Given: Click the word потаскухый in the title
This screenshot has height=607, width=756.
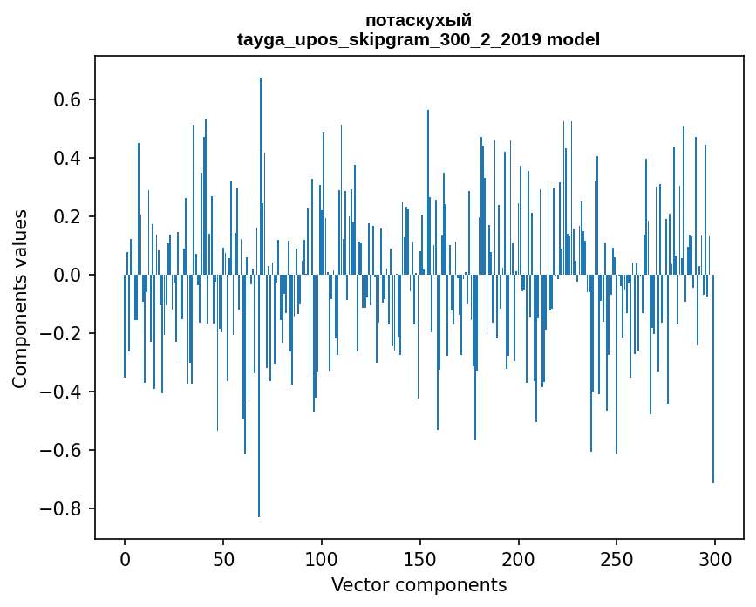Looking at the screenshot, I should tap(419, 20).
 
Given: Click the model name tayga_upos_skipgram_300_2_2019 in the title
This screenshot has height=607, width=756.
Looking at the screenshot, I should tap(390, 39).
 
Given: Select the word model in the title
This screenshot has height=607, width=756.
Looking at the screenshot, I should tap(573, 39).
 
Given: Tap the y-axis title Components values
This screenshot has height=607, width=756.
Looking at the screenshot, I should tap(20, 298).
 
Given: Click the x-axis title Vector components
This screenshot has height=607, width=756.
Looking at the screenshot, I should tap(419, 584).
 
